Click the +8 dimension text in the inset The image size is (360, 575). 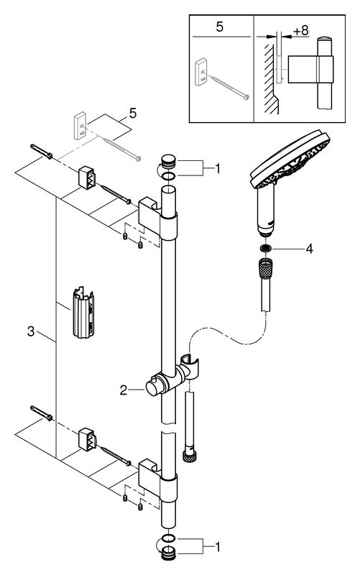pos(300,30)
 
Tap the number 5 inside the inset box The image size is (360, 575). pos(219,27)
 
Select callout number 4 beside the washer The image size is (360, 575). pos(310,249)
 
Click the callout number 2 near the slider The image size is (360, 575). pos(123,390)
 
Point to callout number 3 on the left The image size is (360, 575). pos(31,331)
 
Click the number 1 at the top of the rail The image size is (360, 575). pos(218,169)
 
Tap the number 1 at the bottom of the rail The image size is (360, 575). pos(218,548)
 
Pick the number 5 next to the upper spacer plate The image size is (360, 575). pos(133,114)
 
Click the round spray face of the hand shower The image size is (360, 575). pos(290,157)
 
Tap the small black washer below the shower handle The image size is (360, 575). pos(265,249)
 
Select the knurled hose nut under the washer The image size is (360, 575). pos(265,268)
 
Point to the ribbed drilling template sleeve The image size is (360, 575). pos(83,312)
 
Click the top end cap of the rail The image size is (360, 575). pos(169,162)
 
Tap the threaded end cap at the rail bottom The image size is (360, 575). pos(169,553)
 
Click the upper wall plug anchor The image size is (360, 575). pos(42,152)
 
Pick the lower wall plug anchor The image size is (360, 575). pos(42,413)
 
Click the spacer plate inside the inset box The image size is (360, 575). pos(202,73)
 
